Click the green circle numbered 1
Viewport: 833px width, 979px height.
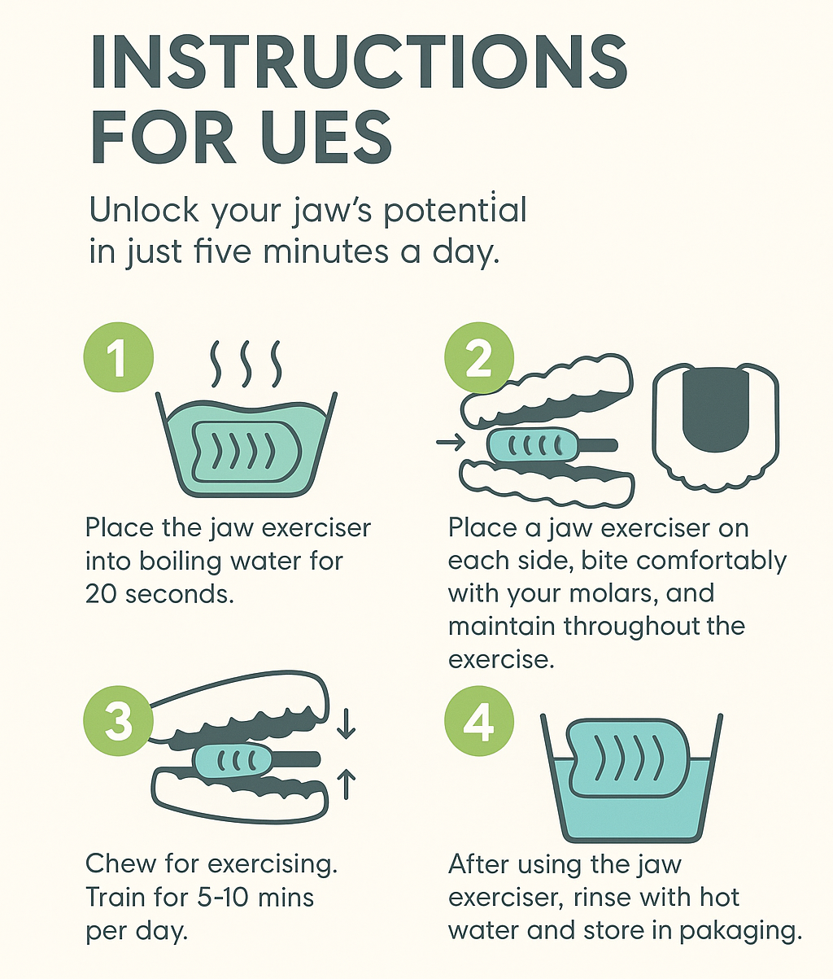coord(119,357)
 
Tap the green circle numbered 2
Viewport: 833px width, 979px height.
coord(479,357)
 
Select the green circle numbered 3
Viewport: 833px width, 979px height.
coord(119,721)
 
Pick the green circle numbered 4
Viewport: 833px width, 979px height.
coord(479,721)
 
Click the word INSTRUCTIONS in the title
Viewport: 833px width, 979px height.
coord(359,62)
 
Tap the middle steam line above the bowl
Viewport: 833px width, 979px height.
coord(246,363)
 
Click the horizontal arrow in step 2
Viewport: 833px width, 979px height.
coord(451,443)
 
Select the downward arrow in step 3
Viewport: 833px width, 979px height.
coord(347,723)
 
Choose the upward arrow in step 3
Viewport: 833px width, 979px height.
coord(347,784)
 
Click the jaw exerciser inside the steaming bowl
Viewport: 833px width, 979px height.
coord(246,452)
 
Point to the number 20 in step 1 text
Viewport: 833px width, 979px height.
coord(101,594)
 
